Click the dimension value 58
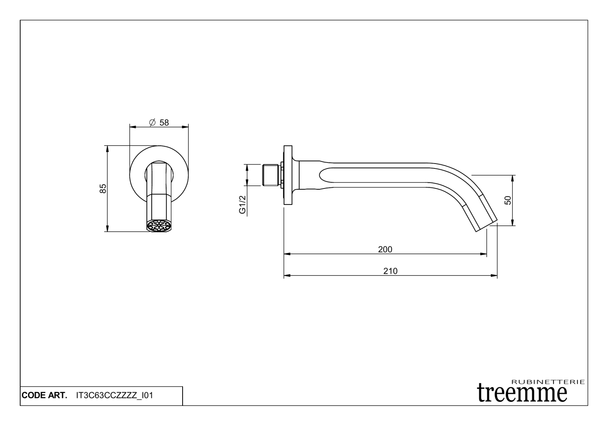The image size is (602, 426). tap(164, 123)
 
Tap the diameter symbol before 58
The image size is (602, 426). tap(152, 123)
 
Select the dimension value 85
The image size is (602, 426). tap(103, 188)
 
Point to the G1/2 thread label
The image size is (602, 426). tap(242, 205)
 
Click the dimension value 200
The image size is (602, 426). tap(385, 249)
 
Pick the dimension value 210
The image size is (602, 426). tap(390, 271)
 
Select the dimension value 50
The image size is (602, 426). tap(508, 200)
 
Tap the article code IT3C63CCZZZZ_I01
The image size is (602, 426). tap(114, 395)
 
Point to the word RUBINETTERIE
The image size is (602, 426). tap(548, 381)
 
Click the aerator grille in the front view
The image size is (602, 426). tap(159, 226)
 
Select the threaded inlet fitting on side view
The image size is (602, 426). tap(271, 175)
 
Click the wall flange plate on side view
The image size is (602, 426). tap(288, 175)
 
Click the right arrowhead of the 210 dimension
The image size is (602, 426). tap(494, 276)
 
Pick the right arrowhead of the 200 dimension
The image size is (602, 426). tap(484, 254)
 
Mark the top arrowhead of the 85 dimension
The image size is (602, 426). tap(107, 148)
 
